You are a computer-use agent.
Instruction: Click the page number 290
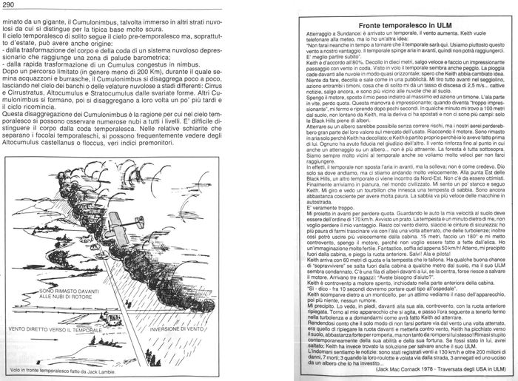pyautogui.click(x=10, y=7)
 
